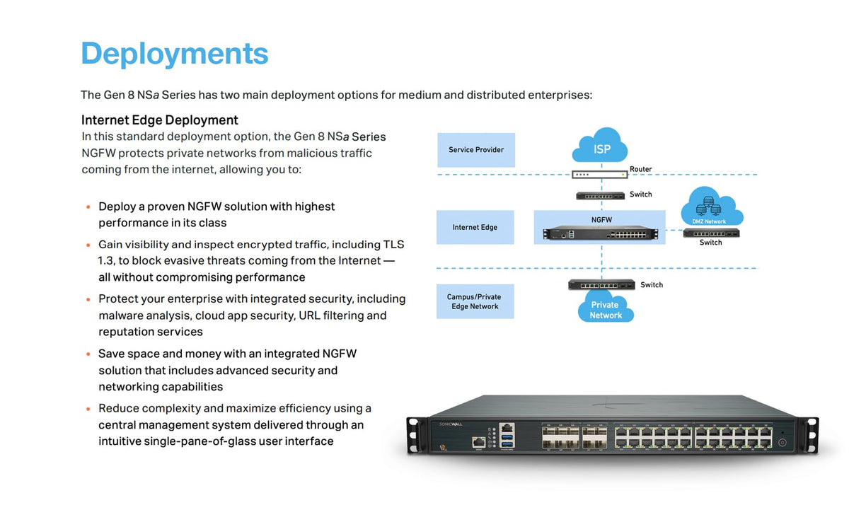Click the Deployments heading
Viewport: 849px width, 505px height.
[175, 54]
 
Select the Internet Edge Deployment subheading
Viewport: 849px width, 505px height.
[160, 120]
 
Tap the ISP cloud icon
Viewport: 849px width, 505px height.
[600, 146]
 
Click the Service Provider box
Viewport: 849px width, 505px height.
[476, 150]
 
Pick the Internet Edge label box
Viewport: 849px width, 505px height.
[475, 227]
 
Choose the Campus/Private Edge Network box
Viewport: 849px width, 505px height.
[475, 301]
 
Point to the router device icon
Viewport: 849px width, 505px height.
[600, 175]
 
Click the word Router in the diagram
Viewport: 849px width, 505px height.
[640, 169]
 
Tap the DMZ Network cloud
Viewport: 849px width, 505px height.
[712, 206]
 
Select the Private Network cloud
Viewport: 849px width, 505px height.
[606, 307]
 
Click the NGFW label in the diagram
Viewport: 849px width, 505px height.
[601, 220]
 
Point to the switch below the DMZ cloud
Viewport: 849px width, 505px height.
[711, 233]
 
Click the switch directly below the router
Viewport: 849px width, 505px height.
[601, 196]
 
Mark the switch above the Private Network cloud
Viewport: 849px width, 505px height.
[601, 285]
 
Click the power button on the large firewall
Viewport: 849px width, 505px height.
[782, 443]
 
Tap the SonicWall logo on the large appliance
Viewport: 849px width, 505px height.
[451, 424]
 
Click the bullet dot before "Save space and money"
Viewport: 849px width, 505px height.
[88, 354]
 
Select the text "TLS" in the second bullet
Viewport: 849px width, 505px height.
[394, 244]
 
